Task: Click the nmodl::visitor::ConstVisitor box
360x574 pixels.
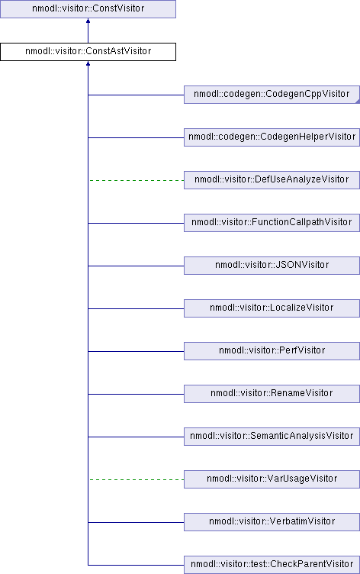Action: click(88, 9)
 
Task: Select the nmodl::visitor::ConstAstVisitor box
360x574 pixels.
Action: click(88, 52)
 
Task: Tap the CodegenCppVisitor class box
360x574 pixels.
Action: click(272, 95)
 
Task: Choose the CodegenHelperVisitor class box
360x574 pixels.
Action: click(272, 137)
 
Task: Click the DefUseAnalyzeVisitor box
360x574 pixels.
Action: click(272, 180)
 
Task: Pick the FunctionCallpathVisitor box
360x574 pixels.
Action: click(272, 223)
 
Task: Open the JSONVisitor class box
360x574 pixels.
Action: click(272, 266)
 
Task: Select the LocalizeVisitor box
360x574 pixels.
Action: click(272, 308)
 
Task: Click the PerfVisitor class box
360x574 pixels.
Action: click(272, 351)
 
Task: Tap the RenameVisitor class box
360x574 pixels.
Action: click(272, 394)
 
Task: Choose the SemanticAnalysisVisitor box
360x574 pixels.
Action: click(272, 437)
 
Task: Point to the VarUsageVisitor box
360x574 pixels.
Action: click(272, 479)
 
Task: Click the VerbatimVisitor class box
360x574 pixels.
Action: click(272, 522)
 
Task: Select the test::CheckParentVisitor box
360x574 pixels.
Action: click(272, 565)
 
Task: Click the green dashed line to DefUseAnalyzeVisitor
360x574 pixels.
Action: click(137, 180)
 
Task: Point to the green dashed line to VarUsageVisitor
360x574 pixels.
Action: click(137, 479)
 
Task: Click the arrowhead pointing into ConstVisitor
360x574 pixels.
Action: click(88, 21)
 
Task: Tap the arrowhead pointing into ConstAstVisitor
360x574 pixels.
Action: click(88, 63)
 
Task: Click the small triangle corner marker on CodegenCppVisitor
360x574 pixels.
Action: click(358, 102)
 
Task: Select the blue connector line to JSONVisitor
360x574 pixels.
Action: click(136, 266)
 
